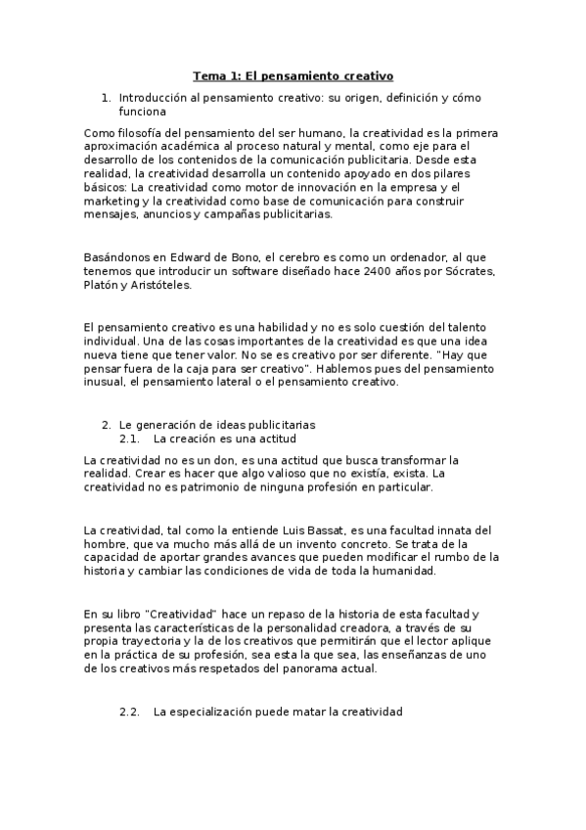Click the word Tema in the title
(207, 74)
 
